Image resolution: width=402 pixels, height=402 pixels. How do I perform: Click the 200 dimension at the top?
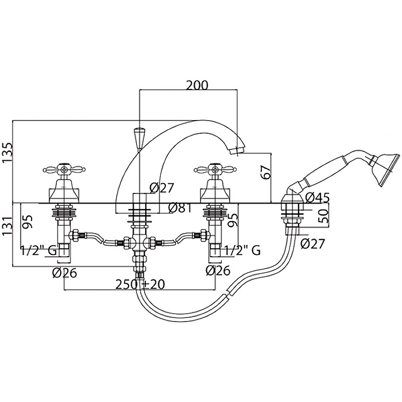point(197,85)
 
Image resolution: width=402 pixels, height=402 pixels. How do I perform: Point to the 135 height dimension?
point(7,152)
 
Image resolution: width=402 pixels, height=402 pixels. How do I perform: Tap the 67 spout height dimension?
point(265,172)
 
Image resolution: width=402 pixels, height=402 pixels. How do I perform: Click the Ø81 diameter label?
point(180,208)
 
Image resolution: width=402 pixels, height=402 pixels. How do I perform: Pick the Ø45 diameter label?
point(318,197)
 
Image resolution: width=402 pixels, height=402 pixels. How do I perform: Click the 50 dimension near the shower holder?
point(324,216)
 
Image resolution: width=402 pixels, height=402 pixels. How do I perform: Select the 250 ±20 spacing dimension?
point(140,284)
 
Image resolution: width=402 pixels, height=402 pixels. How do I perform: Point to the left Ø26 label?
point(64,273)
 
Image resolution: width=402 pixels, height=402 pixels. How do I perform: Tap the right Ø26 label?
point(218,270)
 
